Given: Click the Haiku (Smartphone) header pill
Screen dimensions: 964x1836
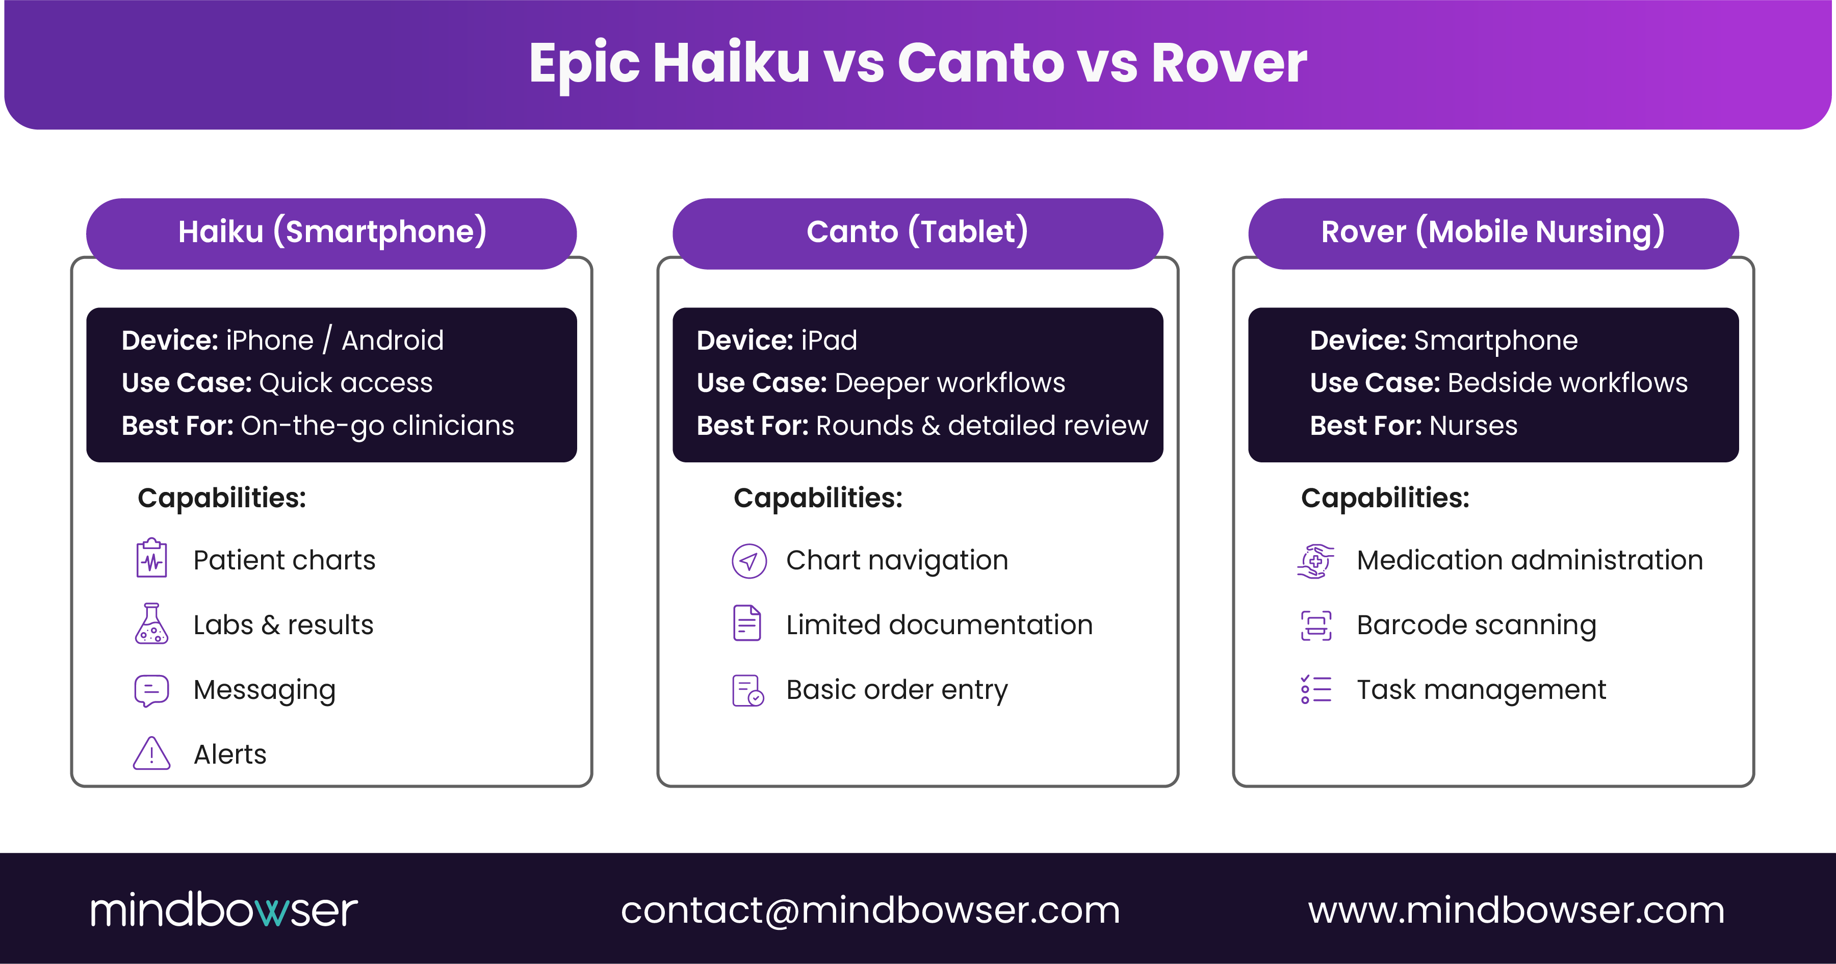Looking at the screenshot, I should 331,233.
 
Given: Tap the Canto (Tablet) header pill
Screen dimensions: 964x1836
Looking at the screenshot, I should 917,233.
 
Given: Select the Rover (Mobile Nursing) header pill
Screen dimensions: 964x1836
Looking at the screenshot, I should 1493,233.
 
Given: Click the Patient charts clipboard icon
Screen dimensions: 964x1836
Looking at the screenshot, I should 152,559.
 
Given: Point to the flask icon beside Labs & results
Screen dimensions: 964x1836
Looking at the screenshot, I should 152,624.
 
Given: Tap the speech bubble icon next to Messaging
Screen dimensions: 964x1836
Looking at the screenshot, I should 152,690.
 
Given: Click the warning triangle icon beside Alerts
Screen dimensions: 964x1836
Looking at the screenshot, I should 152,754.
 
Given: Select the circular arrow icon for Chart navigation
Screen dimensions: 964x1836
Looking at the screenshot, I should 749,561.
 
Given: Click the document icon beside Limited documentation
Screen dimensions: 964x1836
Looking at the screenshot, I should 747,623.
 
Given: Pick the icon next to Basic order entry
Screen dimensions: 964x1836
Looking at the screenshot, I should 747,690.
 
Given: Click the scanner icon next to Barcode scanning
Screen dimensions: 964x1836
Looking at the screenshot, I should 1316,625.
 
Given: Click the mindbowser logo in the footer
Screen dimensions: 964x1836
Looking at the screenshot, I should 224,910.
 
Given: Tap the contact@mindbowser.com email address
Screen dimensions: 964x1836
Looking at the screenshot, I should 870,910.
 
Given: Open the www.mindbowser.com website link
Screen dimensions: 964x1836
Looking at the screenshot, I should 1516,910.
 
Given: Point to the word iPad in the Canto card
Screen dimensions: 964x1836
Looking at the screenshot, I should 829,341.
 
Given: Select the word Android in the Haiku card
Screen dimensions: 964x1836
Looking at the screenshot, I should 393,341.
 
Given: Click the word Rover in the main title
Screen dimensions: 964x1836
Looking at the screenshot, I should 1229,63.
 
